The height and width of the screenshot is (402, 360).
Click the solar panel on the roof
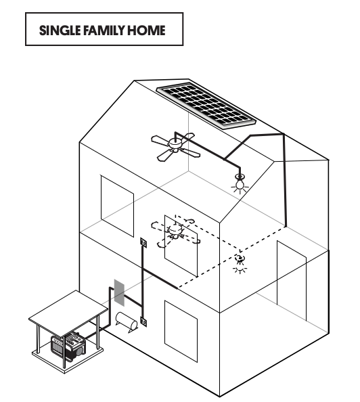(206, 105)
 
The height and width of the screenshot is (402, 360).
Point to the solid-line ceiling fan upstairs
(175, 147)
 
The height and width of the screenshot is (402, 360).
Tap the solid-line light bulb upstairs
(240, 183)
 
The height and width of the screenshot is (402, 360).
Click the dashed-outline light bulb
(240, 263)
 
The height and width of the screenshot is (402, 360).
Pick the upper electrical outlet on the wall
(143, 242)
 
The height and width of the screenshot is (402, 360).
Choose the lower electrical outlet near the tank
(143, 321)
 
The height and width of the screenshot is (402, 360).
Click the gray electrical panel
(119, 293)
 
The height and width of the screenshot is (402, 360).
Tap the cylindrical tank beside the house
(127, 322)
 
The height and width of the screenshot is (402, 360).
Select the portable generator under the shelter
(68, 346)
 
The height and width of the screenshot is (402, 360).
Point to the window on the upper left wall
(117, 206)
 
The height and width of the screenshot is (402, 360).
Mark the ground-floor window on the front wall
(181, 332)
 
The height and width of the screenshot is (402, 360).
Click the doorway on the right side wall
(292, 281)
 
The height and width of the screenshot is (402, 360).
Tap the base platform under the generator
(68, 357)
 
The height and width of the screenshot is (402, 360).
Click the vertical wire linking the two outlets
(143, 282)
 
